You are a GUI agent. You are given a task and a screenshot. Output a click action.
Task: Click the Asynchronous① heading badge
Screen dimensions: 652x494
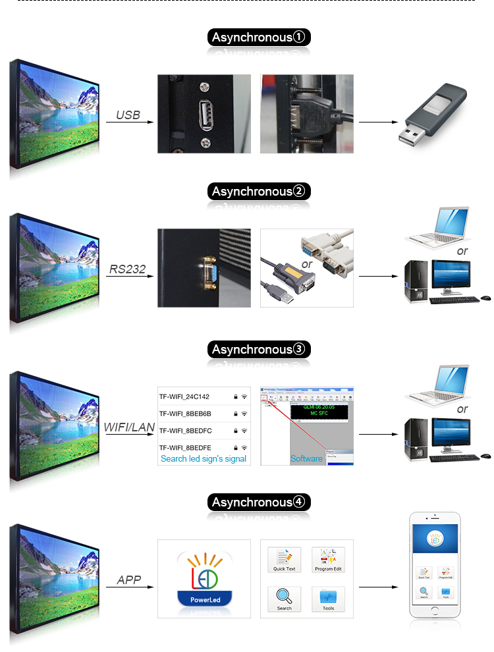pos(259,38)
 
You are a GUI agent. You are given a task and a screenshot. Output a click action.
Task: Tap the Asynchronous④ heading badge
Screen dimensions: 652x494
pos(259,503)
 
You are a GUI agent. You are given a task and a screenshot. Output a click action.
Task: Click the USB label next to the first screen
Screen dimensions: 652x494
pos(128,115)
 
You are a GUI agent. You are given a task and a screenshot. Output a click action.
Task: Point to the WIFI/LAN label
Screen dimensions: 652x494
pos(129,427)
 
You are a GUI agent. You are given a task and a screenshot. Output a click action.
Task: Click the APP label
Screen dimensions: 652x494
pos(129,580)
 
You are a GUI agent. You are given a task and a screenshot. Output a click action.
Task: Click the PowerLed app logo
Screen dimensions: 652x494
pos(204,579)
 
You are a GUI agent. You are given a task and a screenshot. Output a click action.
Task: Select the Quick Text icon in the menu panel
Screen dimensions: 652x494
pos(285,559)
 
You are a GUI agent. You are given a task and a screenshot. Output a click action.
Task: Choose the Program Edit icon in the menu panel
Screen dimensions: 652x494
pos(328,559)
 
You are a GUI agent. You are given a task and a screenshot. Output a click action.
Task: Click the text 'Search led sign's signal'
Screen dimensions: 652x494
pos(204,458)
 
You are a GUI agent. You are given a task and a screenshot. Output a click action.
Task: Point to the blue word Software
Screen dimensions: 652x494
pos(306,458)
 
